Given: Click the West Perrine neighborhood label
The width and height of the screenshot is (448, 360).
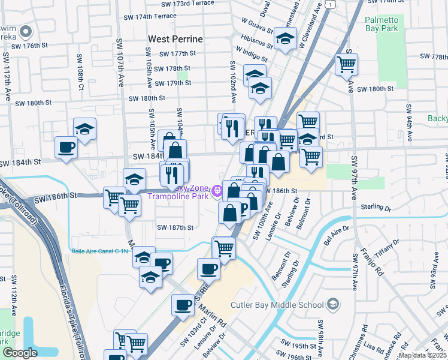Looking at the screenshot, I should click(x=175, y=39).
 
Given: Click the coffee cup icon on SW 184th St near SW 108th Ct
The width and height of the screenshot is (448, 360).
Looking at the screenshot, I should click(x=66, y=147).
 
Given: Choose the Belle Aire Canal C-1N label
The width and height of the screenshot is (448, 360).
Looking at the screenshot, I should click(x=100, y=251).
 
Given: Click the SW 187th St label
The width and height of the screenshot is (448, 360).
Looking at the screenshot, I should click(x=175, y=227).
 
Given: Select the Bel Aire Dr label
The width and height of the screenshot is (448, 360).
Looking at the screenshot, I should click(x=336, y=230).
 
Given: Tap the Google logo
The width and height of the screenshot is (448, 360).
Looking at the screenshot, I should click(x=20, y=353).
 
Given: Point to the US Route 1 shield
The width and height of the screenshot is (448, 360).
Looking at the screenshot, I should click(x=331, y=4).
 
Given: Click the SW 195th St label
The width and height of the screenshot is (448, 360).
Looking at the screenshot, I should click(x=301, y=346).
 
